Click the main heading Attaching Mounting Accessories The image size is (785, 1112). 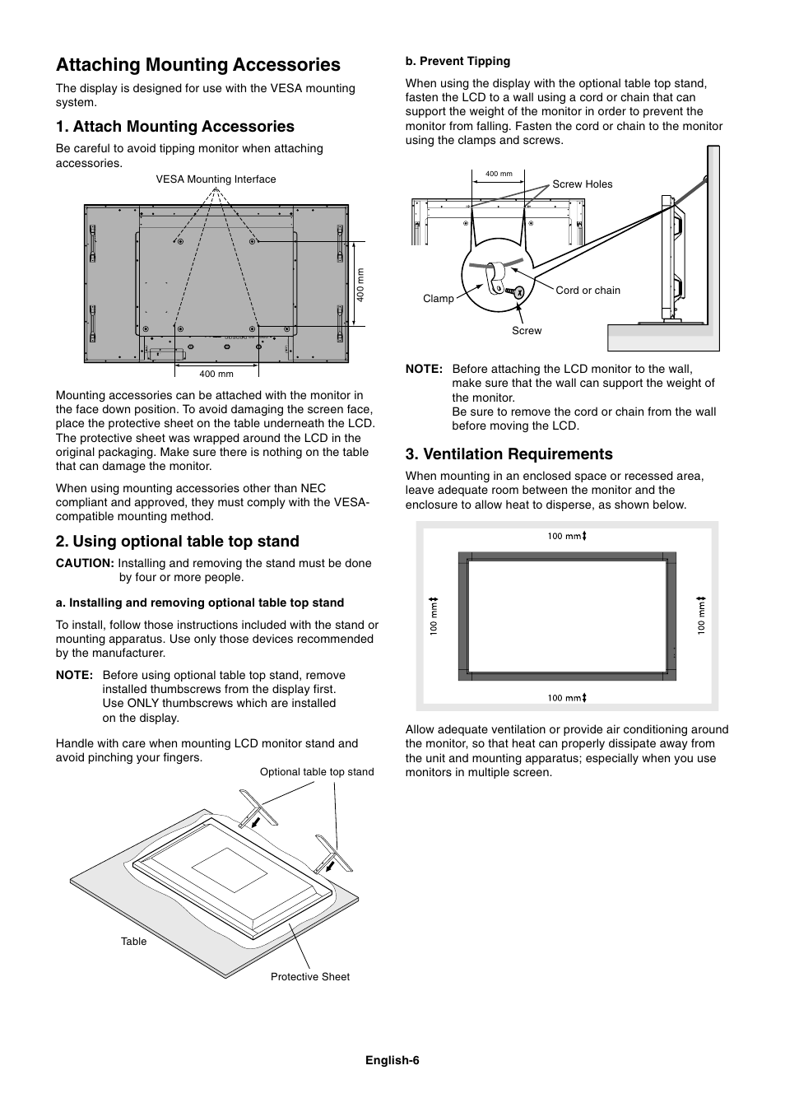(197, 65)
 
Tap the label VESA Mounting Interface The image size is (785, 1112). (216, 179)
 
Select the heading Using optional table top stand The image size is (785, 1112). (177, 541)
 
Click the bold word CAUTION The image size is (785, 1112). (84, 563)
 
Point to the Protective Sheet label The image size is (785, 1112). (309, 977)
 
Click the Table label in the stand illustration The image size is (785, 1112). (133, 942)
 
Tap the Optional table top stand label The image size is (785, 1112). (316, 772)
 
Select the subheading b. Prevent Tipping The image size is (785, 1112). (458, 61)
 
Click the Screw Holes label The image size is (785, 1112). (582, 184)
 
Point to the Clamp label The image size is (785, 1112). (438, 299)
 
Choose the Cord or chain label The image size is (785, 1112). (588, 291)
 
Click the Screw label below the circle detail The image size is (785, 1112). (527, 331)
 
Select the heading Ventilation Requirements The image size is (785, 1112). (509, 454)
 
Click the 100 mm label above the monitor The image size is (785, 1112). (566, 537)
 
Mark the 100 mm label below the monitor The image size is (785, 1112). (566, 698)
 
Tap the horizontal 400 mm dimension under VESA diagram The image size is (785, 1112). (216, 375)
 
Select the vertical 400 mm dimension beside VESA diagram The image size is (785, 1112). (360, 285)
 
